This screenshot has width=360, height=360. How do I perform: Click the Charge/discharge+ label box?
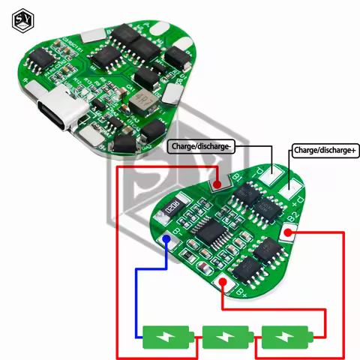pyautogui.click(x=325, y=150)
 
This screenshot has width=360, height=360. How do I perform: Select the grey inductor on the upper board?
pyautogui.click(x=141, y=104)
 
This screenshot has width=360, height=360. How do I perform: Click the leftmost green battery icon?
pyautogui.click(x=170, y=334)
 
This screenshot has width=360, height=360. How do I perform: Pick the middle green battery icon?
pyautogui.click(x=228, y=334)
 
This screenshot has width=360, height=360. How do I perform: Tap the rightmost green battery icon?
pyautogui.click(x=283, y=334)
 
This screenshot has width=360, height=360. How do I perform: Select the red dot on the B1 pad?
pyautogui.click(x=216, y=183)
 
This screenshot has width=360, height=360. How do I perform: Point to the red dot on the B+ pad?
pyautogui.click(x=221, y=283)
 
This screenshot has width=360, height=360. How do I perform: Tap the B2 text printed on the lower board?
pyautogui.click(x=294, y=218)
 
